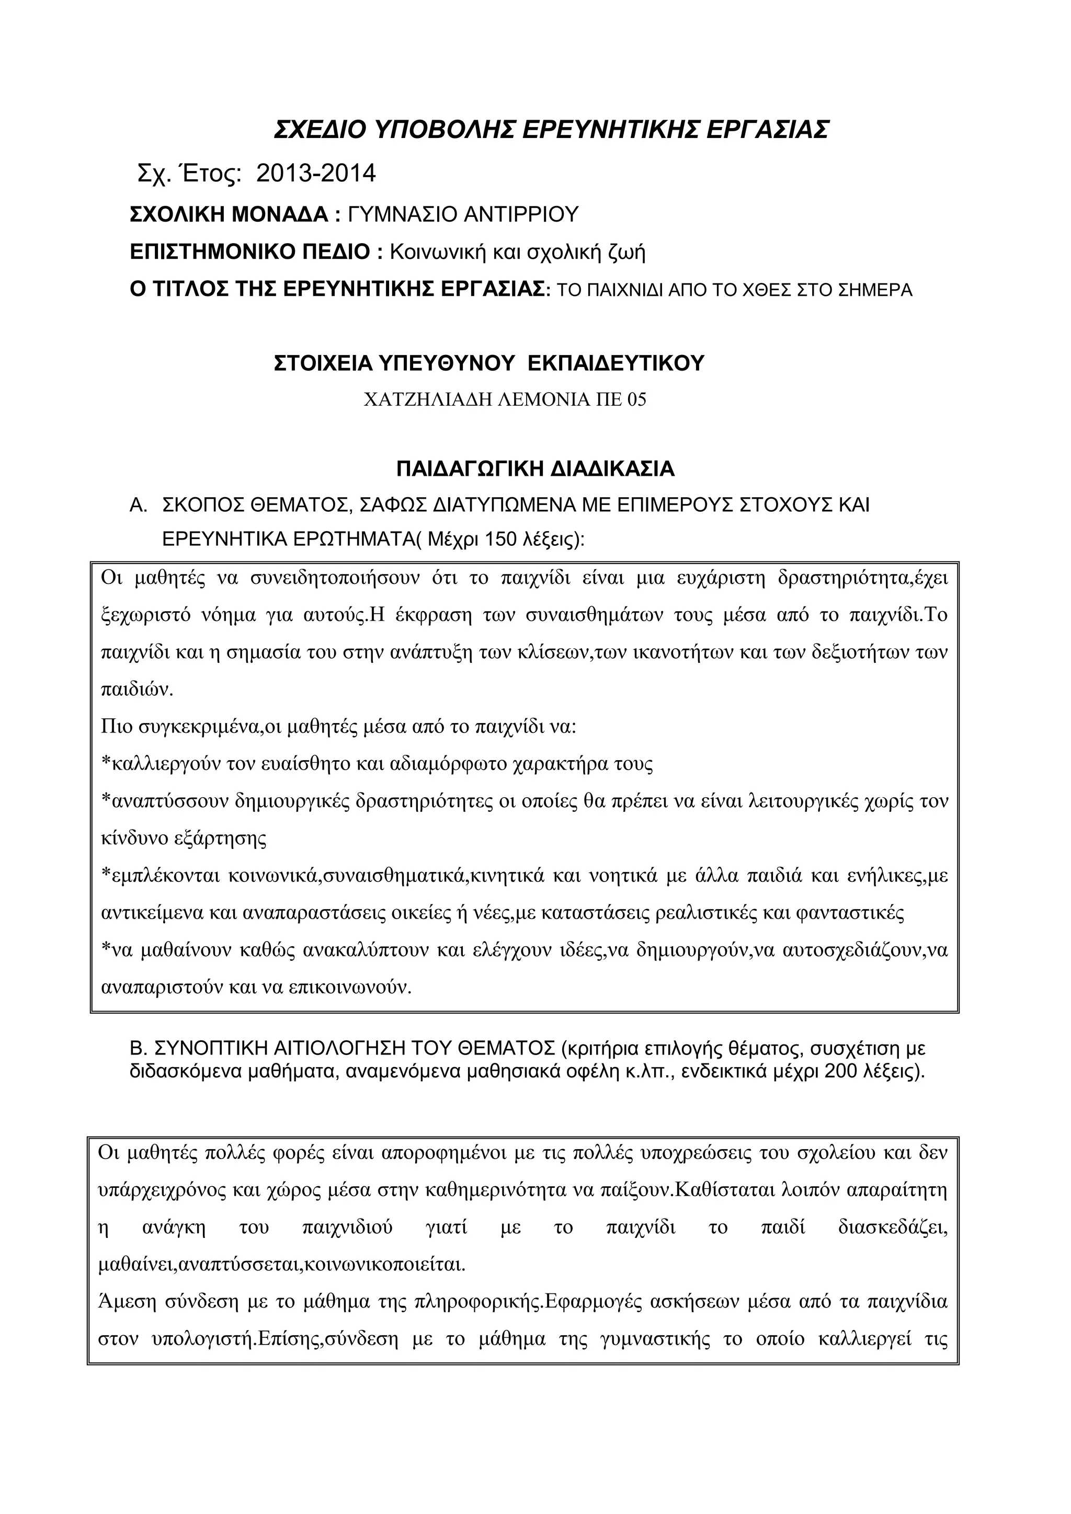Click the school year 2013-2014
pyautogui.click(x=316, y=174)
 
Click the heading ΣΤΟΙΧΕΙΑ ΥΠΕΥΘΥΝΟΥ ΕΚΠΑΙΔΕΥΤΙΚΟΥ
pyautogui.click(x=488, y=363)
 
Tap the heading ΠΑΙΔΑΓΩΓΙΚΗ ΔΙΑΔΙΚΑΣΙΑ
pyautogui.click(x=535, y=469)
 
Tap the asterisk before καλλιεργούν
pyautogui.click(x=106, y=764)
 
